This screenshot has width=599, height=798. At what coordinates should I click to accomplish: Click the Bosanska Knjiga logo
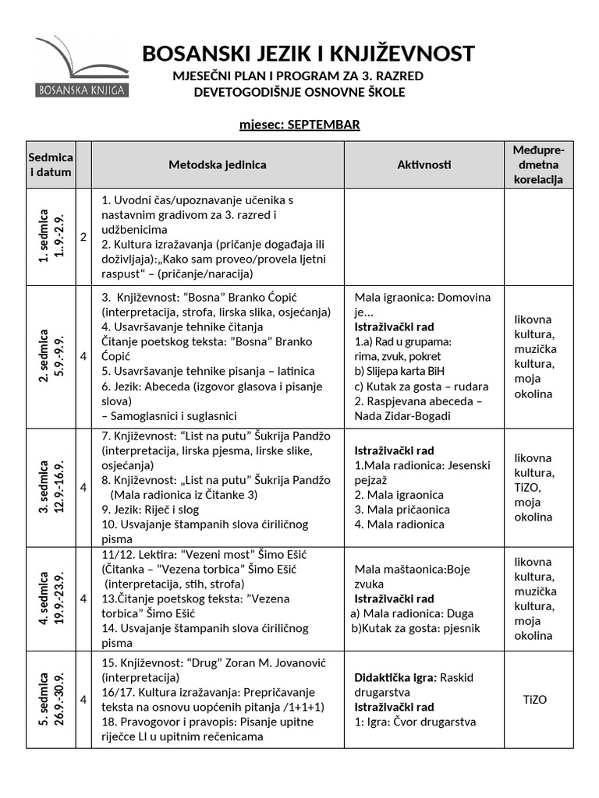click(81, 67)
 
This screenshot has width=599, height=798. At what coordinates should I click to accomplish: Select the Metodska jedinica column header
click(218, 164)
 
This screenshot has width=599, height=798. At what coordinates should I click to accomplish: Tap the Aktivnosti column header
click(424, 164)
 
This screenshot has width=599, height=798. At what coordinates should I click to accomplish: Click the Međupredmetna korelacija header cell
click(538, 164)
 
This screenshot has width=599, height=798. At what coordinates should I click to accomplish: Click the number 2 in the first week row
click(83, 237)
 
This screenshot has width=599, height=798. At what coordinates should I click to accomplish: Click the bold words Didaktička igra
click(395, 677)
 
